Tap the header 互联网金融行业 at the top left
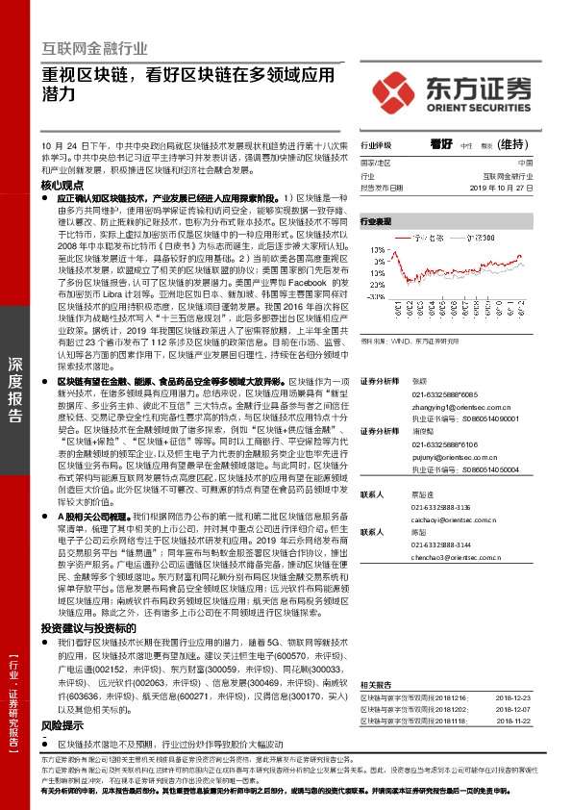[95, 48]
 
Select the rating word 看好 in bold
[440, 143]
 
